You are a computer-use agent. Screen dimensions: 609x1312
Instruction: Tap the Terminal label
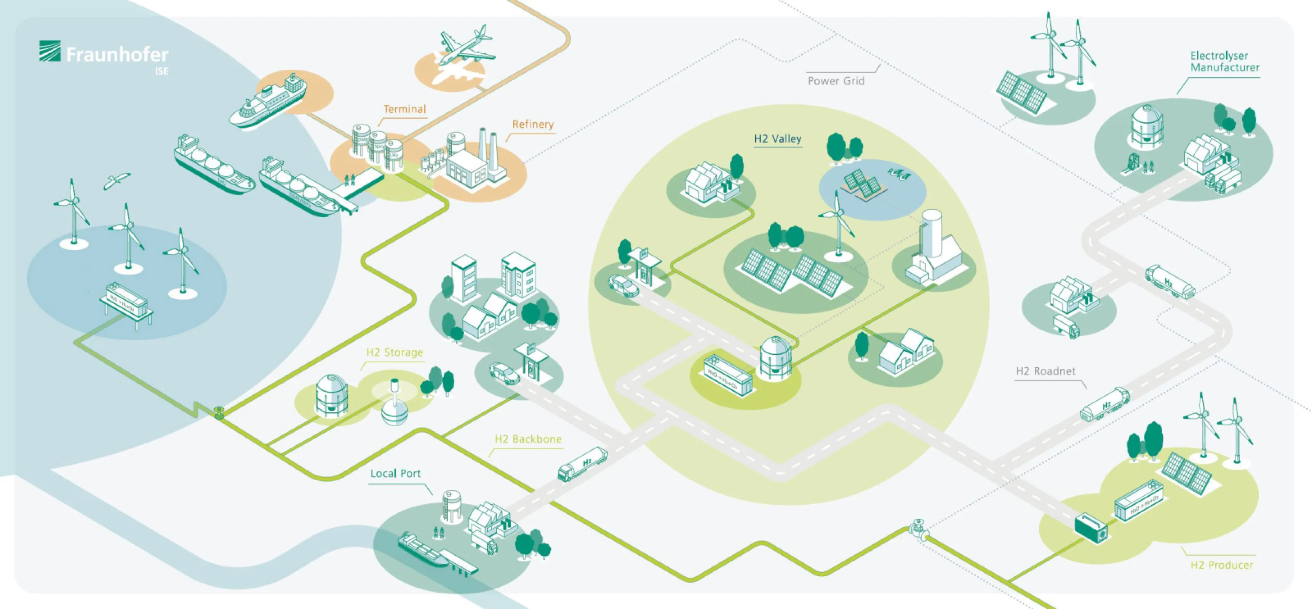(x=404, y=109)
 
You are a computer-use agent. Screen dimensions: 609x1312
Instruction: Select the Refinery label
(x=533, y=124)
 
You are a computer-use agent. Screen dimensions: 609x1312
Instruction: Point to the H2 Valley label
(x=777, y=139)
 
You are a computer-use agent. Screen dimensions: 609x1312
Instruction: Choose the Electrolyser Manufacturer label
(x=1224, y=62)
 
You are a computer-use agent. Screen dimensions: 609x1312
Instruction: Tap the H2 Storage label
(x=395, y=352)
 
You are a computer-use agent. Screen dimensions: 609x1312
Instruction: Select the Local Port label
(x=395, y=473)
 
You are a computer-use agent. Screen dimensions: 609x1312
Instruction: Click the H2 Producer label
(x=1221, y=565)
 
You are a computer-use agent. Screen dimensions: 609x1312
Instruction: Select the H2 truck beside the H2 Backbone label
(x=583, y=463)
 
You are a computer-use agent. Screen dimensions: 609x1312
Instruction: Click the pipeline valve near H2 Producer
(x=918, y=529)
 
